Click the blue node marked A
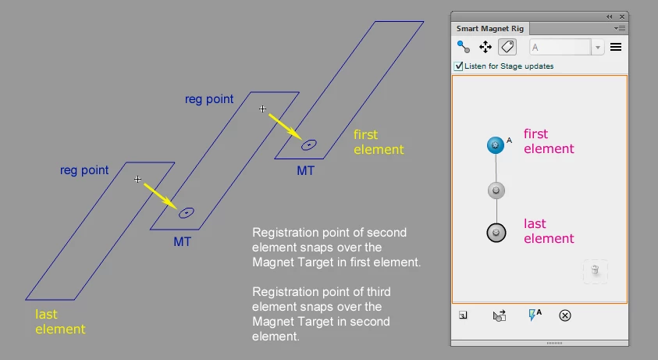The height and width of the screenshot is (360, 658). point(495,145)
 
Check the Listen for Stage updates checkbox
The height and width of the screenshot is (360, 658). point(459,66)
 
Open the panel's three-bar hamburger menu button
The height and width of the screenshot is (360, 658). point(616,47)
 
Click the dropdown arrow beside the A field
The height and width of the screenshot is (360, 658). point(598,48)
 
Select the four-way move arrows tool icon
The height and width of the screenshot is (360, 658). point(485,47)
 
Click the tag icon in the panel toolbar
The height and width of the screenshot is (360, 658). point(507,47)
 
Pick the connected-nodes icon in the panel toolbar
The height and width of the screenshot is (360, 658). point(464,47)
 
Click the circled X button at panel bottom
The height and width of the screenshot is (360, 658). point(566,315)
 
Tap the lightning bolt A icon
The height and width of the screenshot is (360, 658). point(535,315)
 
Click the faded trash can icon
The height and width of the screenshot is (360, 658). point(595,270)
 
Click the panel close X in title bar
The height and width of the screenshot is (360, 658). point(622,16)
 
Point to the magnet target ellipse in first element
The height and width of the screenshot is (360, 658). point(309,144)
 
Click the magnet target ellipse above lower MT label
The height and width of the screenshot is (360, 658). point(186,212)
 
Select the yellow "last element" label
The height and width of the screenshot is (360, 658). point(60,322)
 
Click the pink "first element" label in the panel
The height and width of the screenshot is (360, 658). point(548,141)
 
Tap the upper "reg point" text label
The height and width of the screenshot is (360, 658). point(208,100)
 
